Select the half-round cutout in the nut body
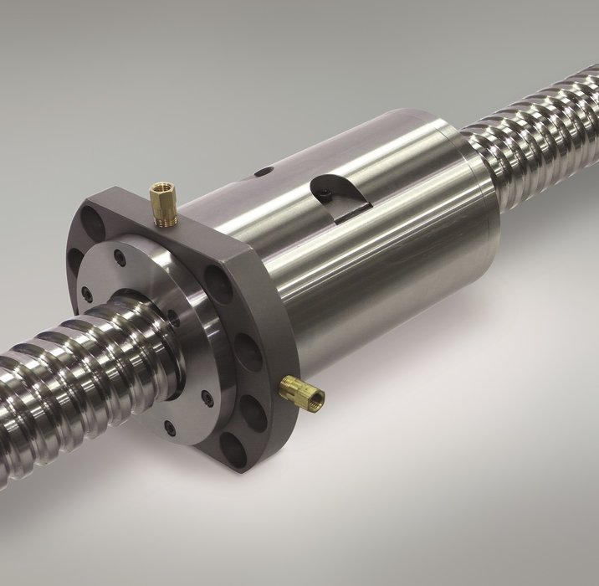point(339,192)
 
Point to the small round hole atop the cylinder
point(264,172)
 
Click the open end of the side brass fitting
point(318,393)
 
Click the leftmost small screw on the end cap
point(86,293)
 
